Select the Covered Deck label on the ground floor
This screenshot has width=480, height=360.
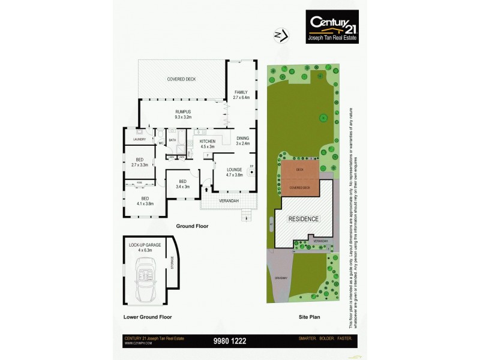tap(181, 79)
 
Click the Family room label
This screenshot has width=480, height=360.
tap(241, 94)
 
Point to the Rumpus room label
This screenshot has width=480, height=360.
tap(182, 114)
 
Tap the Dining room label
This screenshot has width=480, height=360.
tap(242, 140)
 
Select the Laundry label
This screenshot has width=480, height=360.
tap(139, 139)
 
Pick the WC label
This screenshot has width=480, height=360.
tap(161, 143)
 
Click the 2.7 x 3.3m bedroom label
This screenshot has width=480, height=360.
tap(139, 162)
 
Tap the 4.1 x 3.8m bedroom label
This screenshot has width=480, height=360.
tap(144, 201)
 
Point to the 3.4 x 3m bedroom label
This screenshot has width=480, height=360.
tap(182, 184)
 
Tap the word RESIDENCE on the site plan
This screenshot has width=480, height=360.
tap(304, 218)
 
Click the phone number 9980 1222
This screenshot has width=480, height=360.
tap(230, 341)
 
